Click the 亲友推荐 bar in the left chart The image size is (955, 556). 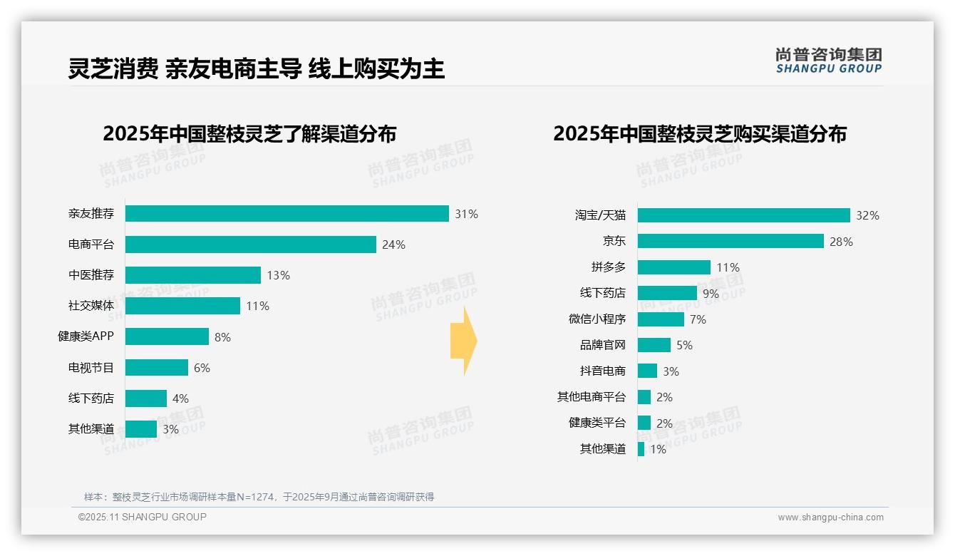point(286,214)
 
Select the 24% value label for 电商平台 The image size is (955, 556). point(393,244)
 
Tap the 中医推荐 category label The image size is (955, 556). point(91,275)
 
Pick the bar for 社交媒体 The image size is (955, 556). point(182,306)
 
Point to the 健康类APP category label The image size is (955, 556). point(86,336)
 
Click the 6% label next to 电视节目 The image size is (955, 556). point(202,368)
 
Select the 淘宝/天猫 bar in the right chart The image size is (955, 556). point(743,215)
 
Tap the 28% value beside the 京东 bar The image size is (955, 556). point(841,242)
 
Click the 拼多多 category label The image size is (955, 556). point(608,267)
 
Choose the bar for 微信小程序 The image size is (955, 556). point(661,319)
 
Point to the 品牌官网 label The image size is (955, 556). point(602,345)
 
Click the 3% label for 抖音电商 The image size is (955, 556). point(671,371)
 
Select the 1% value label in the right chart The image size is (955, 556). point(658,449)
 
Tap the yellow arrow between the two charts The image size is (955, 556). point(464,341)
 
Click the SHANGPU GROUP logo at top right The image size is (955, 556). point(828,61)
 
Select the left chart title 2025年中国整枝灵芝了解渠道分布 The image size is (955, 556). point(249,134)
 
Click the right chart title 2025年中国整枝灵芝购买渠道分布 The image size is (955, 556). point(699,134)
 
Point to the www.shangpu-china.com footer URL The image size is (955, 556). point(830,518)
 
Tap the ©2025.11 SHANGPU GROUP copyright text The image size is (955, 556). point(143,517)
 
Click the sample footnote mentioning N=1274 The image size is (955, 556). point(259,497)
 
